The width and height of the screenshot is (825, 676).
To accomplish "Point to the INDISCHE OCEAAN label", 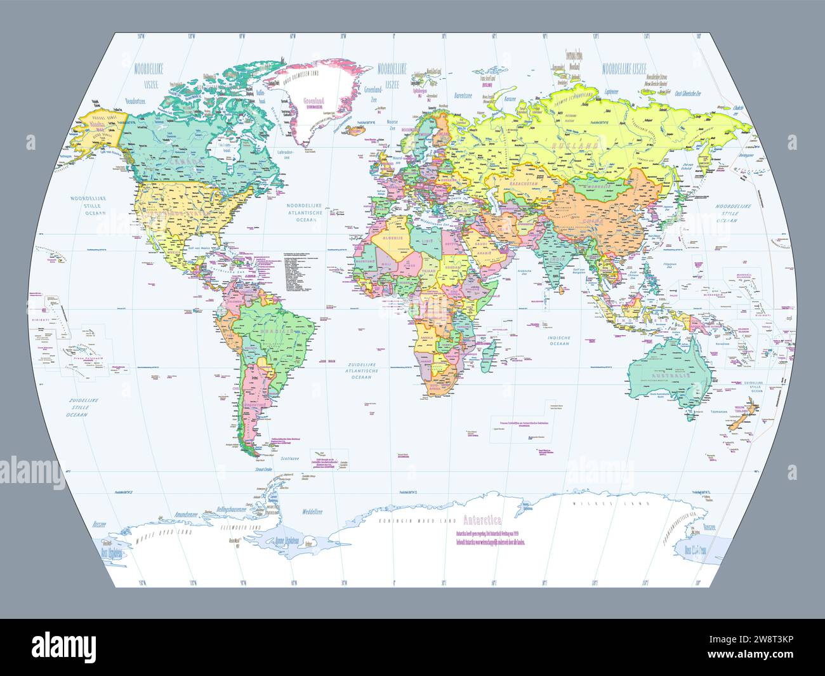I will coord(559,340).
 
